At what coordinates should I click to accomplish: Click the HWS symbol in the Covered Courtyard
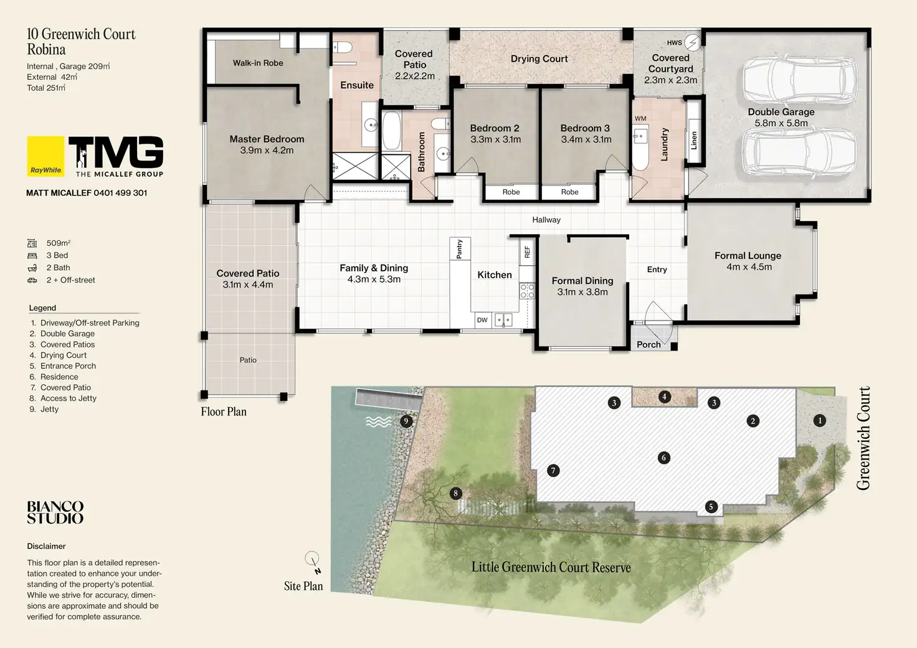693,42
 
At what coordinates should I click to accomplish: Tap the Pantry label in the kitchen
459,249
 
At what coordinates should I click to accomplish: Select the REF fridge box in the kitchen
527,251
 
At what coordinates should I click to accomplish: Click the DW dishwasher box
482,320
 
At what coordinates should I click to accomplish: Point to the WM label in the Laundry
640,119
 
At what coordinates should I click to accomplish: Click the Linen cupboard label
694,140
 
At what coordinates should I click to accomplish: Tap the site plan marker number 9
406,421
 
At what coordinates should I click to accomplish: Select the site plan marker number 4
665,397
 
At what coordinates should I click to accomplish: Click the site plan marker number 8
455,494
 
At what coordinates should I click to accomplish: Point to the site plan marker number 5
711,507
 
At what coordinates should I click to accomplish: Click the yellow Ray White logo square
45,156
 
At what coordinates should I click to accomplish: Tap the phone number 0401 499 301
120,193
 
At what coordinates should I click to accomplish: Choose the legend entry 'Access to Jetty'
69,398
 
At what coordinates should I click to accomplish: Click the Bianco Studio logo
55,512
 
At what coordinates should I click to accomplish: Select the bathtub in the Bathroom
392,131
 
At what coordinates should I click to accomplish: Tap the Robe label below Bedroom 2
511,192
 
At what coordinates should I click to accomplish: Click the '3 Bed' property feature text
57,255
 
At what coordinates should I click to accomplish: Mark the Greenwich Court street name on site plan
863,438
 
